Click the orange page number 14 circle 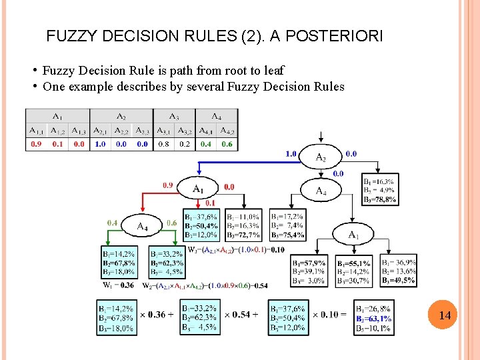[x=445, y=315]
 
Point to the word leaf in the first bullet [x=272, y=71]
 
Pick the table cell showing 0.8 [x=163, y=144]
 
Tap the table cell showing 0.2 [x=185, y=144]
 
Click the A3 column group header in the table [x=174, y=116]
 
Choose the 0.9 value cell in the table [x=36, y=144]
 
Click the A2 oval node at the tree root [x=322, y=157]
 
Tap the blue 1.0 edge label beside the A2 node [x=291, y=154]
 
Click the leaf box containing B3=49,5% [x=399, y=271]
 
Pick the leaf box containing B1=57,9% [x=309, y=272]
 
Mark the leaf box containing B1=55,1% [x=354, y=272]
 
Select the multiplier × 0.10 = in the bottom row [x=329, y=314]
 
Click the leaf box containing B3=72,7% [x=244, y=226]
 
